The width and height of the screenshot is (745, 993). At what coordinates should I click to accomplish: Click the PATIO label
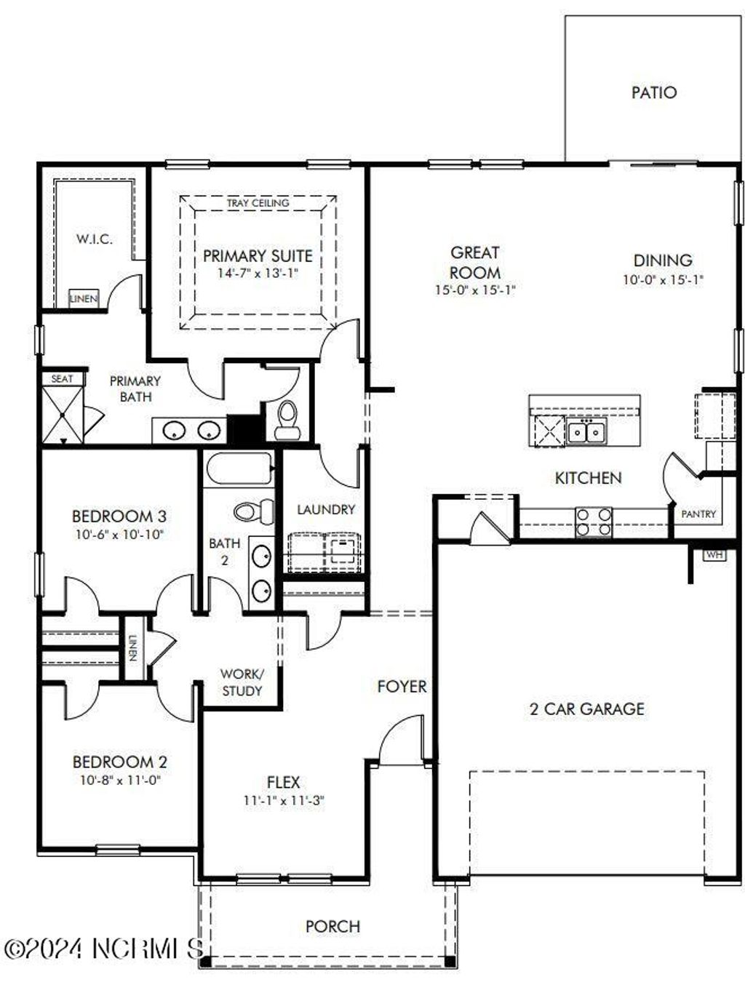653,92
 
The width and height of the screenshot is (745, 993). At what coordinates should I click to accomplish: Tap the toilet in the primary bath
288,420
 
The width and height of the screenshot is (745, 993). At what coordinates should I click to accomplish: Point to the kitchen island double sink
586,432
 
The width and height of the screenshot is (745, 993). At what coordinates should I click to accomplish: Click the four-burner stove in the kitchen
594,522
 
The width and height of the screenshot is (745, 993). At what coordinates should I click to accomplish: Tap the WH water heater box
714,555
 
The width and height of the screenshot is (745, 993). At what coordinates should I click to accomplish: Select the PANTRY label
698,514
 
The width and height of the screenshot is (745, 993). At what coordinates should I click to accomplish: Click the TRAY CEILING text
258,203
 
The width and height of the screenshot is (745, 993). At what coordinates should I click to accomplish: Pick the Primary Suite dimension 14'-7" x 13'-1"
258,274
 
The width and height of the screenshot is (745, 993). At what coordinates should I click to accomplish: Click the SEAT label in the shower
62,378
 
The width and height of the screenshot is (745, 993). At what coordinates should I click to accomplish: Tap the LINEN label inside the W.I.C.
83,298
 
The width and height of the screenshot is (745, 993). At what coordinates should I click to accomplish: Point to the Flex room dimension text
283,801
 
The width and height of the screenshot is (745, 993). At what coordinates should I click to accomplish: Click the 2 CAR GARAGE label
586,709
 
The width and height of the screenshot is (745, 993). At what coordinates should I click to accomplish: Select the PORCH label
332,926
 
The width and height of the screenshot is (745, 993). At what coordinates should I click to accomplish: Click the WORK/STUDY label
242,682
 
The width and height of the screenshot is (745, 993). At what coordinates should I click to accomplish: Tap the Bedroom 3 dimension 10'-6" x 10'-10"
119,535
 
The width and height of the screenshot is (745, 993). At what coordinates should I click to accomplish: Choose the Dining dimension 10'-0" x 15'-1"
662,279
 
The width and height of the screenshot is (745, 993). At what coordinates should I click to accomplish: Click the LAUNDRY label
325,509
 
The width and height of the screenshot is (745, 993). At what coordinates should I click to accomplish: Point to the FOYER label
402,686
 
